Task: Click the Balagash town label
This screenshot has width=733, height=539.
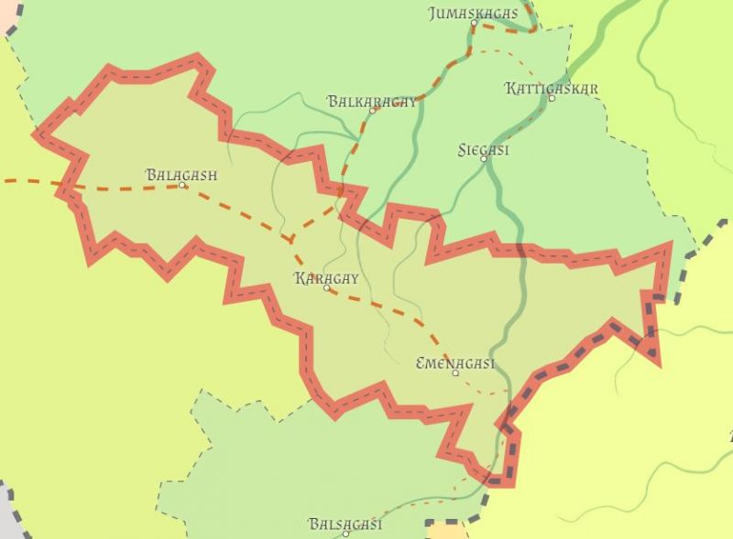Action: (x=181, y=174)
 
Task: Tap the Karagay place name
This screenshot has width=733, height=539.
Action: (x=326, y=278)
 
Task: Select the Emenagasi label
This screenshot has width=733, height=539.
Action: (x=455, y=363)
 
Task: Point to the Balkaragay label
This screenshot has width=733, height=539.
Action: (x=371, y=101)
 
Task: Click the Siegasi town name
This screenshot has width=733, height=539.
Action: (x=483, y=149)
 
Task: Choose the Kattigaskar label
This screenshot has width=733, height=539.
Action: (x=552, y=88)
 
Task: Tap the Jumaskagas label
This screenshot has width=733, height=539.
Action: (x=473, y=14)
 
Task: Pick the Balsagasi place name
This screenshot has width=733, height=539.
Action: (x=345, y=524)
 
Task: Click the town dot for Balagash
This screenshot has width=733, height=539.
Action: (x=181, y=185)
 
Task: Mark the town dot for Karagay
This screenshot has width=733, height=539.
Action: (x=326, y=288)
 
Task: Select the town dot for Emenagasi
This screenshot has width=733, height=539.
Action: (x=455, y=373)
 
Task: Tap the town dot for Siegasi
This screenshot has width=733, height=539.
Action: (x=483, y=159)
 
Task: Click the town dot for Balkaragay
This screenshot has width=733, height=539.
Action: (x=372, y=111)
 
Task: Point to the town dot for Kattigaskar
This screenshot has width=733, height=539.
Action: (x=552, y=98)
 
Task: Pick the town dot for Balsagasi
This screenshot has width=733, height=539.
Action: (x=345, y=534)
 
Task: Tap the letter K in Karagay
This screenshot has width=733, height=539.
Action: (x=300, y=278)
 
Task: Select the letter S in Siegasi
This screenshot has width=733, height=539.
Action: (x=462, y=149)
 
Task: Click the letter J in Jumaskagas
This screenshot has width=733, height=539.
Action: (x=433, y=14)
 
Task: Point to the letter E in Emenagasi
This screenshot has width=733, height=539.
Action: (x=421, y=363)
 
